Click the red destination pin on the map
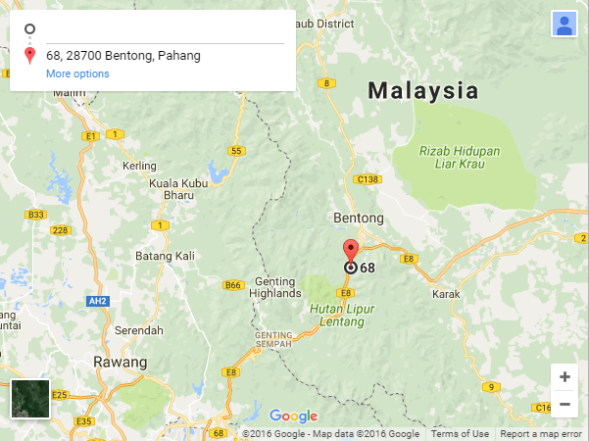click(x=351, y=248)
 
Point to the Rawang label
click(x=120, y=362)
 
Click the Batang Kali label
click(x=165, y=256)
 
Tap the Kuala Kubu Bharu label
click(x=177, y=188)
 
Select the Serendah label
click(x=137, y=330)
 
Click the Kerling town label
click(x=139, y=166)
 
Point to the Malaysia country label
click(x=423, y=91)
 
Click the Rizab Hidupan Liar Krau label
click(x=459, y=159)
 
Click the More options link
click(x=77, y=73)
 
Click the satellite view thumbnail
click(x=30, y=399)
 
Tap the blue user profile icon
click(x=564, y=24)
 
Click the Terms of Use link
click(x=460, y=434)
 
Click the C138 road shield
click(x=368, y=179)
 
